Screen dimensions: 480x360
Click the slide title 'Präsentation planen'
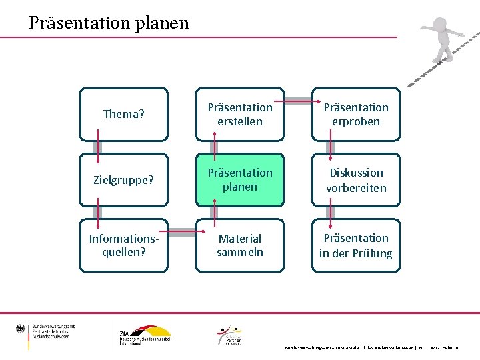pyautogui.click(x=109, y=23)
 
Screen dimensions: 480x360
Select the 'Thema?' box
pyautogui.click(x=124, y=114)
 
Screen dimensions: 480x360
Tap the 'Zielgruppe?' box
pyautogui.click(x=124, y=180)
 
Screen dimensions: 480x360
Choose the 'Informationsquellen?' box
pyautogui.click(x=124, y=245)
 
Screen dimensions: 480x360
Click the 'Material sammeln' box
pyautogui.click(x=240, y=245)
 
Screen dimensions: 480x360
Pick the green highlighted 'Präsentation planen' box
pyautogui.click(x=240, y=180)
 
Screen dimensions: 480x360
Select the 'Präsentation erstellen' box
pyautogui.click(x=240, y=114)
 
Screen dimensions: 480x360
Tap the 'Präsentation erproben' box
pyautogui.click(x=356, y=114)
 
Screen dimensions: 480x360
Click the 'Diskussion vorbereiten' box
pyautogui.click(x=356, y=180)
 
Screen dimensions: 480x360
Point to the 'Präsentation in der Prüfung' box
pyautogui.click(x=356, y=245)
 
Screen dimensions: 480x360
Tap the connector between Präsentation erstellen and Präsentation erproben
pyautogui.click(x=297, y=101)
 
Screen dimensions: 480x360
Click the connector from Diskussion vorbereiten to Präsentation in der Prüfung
pyautogui.click(x=330, y=213)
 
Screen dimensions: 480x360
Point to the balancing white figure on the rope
pyautogui.click(x=441, y=45)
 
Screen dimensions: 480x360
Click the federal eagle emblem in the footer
pyautogui.click(x=20, y=329)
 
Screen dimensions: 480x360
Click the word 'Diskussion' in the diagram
pyautogui.click(x=356, y=173)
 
